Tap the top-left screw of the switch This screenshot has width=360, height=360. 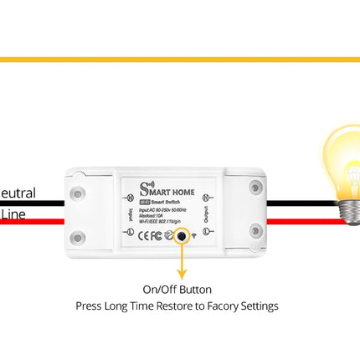pos(78,193)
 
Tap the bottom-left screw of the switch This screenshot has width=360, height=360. pos(78,238)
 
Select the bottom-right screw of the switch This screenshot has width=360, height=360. pos(255,230)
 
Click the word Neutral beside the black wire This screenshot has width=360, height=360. pos(18,193)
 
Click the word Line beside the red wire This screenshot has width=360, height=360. pos(13,214)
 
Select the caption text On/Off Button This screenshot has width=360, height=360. pos(177,290)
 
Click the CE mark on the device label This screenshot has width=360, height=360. pos(144,236)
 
